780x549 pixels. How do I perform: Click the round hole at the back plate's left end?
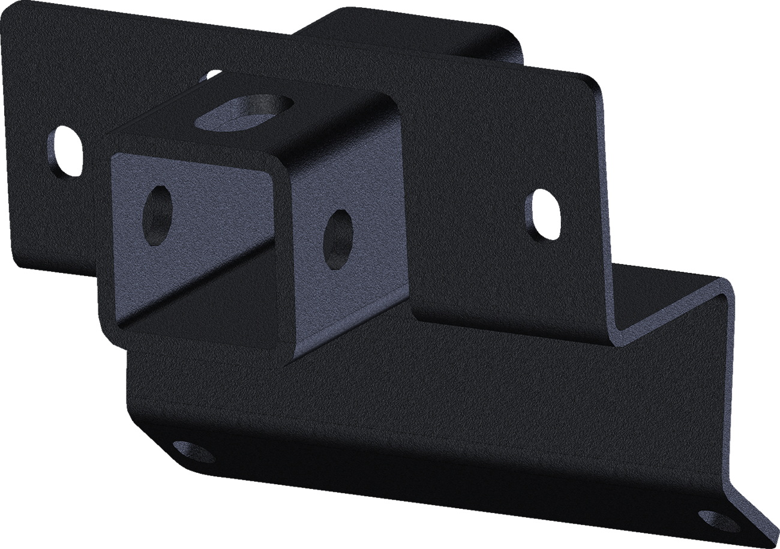(x=64, y=150)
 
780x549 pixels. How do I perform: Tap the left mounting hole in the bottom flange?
(x=193, y=452)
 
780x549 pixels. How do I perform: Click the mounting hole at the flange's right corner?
(x=718, y=521)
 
